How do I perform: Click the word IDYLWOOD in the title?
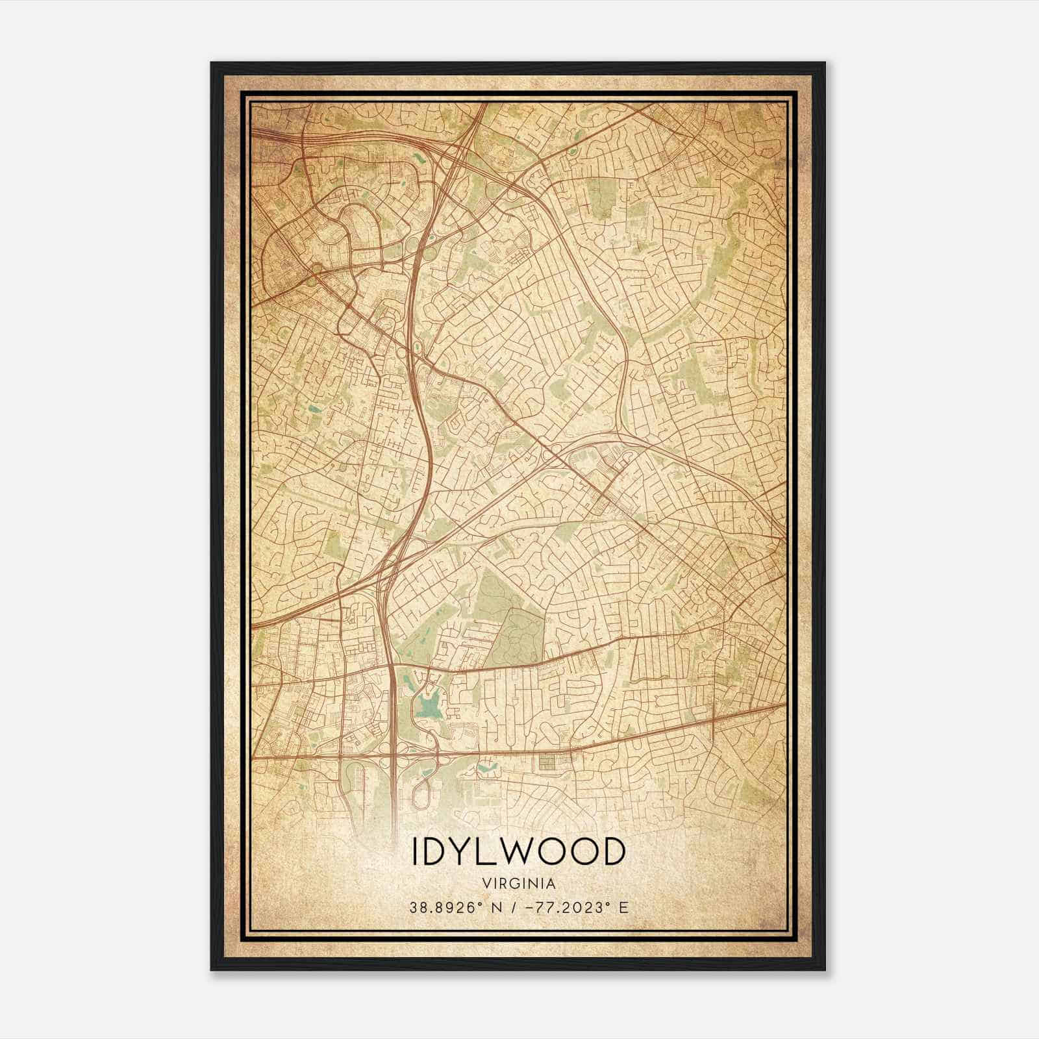[x=519, y=852]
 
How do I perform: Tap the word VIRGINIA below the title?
[x=519, y=884]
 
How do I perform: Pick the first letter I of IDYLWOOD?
[x=414, y=852]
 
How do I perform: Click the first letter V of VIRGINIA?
[x=486, y=884]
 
